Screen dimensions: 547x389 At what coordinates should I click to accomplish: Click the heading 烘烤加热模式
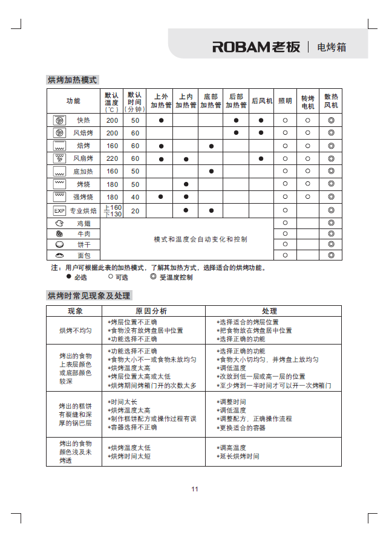[x=72, y=80]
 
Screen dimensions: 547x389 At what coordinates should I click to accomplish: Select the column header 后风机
[x=261, y=101]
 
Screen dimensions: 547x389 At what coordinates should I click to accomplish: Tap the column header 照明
[x=285, y=101]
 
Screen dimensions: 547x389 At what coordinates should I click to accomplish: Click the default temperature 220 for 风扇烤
[x=113, y=159]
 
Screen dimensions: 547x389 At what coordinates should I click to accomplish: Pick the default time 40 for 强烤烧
[x=135, y=197]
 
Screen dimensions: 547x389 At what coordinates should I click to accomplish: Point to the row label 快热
[x=83, y=120]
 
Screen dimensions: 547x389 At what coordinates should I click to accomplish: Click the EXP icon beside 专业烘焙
[x=59, y=211]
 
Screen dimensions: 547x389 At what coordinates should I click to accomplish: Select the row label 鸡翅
[x=83, y=224]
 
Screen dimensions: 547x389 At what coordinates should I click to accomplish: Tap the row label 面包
[x=83, y=256]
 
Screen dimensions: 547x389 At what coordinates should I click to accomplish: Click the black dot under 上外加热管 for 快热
[x=162, y=120]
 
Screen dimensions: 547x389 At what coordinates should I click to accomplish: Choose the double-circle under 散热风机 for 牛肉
[x=331, y=234]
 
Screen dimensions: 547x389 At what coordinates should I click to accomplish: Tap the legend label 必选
[x=80, y=277]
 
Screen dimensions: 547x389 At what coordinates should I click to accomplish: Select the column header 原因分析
[x=151, y=311]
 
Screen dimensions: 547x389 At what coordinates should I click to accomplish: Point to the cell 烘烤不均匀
[x=76, y=331]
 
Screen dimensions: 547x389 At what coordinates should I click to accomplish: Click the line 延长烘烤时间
[x=240, y=456]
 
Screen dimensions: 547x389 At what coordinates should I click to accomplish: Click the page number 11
[x=195, y=489]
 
